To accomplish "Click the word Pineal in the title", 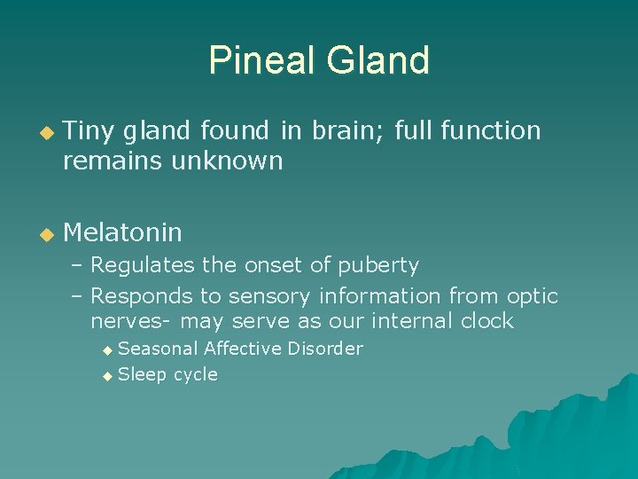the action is click(x=262, y=60).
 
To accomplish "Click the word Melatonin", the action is click(x=122, y=233).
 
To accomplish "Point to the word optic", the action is click(x=532, y=295).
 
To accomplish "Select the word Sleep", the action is click(x=142, y=374).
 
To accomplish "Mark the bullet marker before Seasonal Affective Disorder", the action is click(x=108, y=350).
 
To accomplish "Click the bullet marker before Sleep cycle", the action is click(x=108, y=376).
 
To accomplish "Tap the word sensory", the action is click(x=272, y=295).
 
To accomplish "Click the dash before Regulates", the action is click(x=77, y=265).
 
